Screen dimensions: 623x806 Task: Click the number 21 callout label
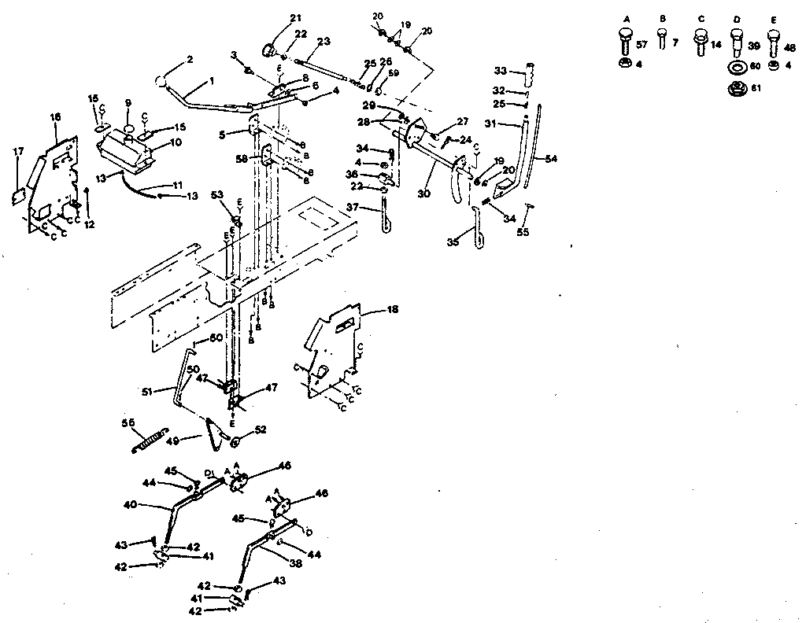273,18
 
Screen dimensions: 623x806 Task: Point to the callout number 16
55,117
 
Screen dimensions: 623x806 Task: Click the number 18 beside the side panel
393,310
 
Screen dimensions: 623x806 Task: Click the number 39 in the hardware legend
753,46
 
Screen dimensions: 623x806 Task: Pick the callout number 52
261,429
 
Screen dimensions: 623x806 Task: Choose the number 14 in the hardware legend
716,46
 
